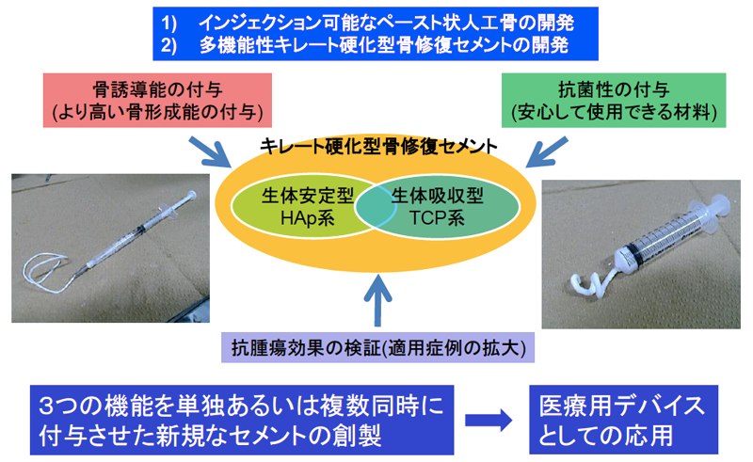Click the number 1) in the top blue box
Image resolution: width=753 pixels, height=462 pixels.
[168, 23]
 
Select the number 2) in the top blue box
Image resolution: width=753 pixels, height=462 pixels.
[168, 45]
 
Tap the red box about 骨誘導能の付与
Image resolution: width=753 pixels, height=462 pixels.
[157, 101]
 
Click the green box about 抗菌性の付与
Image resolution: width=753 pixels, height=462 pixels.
[614, 101]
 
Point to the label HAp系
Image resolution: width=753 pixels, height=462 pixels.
[308, 218]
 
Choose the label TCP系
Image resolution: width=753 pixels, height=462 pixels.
[437, 218]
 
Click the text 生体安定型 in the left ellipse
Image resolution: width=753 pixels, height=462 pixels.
[308, 196]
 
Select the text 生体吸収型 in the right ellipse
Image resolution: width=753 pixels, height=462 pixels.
[437, 196]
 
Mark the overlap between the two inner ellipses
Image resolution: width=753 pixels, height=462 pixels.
[376, 206]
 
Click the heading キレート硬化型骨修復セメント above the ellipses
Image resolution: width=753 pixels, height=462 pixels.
[378, 146]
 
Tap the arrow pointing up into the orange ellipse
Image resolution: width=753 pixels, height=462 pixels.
[378, 301]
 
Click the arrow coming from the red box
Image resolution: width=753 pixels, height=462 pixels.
[209, 152]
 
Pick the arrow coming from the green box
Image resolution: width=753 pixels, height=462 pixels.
[547, 151]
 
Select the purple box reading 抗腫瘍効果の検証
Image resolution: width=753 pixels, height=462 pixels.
[378, 347]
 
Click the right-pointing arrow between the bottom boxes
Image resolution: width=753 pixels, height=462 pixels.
[489, 421]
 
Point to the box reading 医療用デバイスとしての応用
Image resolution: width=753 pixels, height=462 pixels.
[623, 420]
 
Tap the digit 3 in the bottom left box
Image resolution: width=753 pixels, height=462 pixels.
[46, 406]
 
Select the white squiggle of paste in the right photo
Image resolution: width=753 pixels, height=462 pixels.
[592, 282]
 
